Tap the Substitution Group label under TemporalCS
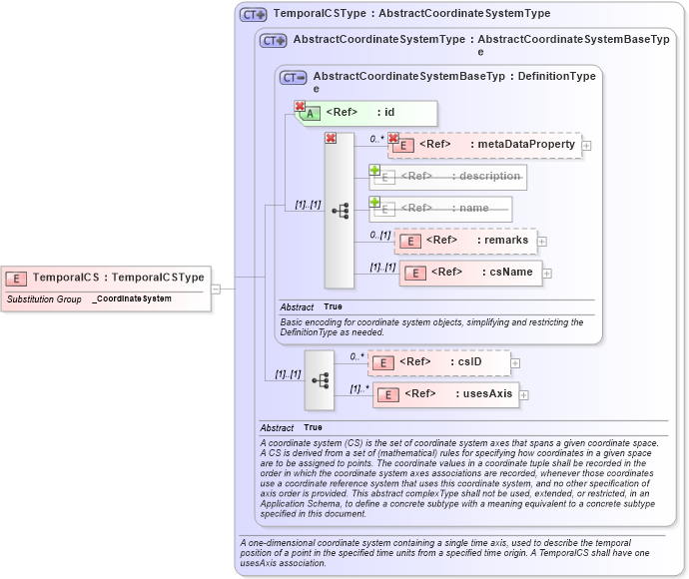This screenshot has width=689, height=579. coord(44,298)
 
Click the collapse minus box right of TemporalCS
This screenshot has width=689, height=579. coord(215,289)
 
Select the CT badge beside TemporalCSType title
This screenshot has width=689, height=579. coord(253,15)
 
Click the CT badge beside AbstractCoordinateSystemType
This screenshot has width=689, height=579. coord(273,41)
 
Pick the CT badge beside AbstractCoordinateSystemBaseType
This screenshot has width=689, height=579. coord(294,77)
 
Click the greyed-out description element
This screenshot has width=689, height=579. coord(450,177)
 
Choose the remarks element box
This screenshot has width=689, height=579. coord(465,241)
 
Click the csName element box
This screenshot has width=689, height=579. coord(470,273)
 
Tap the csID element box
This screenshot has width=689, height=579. coord(440,362)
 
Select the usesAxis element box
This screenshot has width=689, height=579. coord(445,394)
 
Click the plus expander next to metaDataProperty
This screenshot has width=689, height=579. coord(586,146)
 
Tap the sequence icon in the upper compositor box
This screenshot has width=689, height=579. coord(341,211)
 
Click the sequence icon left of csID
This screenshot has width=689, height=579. coord(321,380)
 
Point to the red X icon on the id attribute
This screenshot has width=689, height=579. coord(300,106)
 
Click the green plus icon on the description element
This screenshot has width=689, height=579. coord(375,171)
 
